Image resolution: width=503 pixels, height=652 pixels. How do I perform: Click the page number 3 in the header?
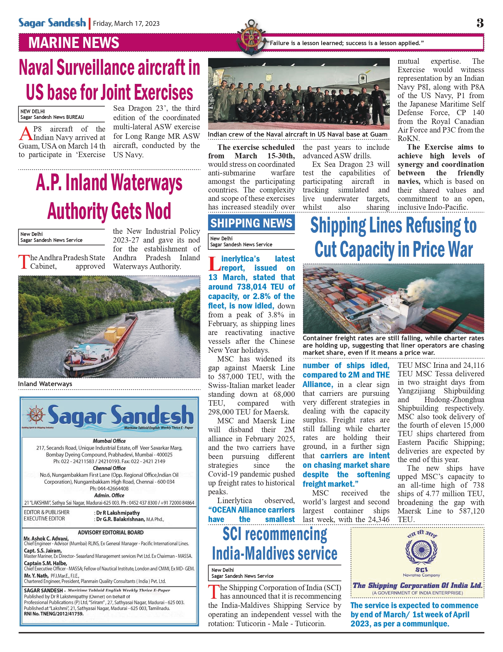coord(480,23)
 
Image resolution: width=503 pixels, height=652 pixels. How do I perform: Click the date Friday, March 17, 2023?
coord(126,24)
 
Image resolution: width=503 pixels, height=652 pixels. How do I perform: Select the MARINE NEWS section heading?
coord(74,43)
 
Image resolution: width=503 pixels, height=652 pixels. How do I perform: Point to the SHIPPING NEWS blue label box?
coord(251,223)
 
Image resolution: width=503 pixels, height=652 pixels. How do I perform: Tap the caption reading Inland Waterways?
coord(45,384)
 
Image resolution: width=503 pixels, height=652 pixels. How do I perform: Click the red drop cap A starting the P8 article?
coord(25,134)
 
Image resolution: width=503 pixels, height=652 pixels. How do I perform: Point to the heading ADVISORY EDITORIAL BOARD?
coord(111,532)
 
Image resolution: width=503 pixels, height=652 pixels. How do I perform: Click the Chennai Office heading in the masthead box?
coord(109,468)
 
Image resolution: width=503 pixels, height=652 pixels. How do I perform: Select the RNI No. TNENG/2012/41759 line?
coord(54,614)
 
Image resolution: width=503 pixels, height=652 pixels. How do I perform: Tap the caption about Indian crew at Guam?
coord(297,134)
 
